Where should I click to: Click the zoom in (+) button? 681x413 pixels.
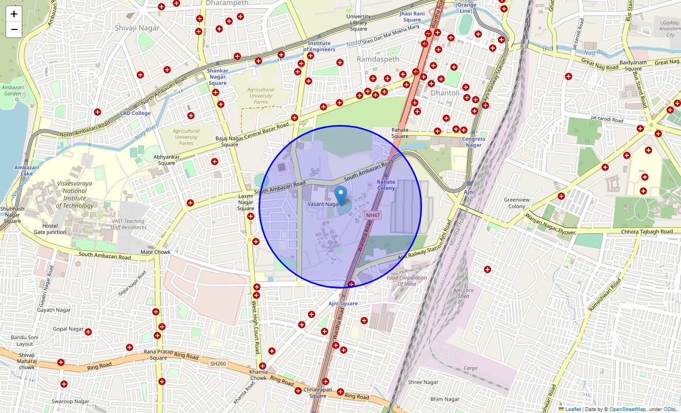click(x=14, y=14)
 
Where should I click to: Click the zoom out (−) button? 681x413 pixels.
click(x=14, y=29)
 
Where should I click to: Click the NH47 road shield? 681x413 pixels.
click(x=372, y=214)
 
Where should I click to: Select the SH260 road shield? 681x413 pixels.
click(x=218, y=364)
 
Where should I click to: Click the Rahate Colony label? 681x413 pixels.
click(x=386, y=185)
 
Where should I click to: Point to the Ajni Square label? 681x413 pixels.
click(x=343, y=304)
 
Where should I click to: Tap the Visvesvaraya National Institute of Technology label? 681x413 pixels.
click(x=75, y=195)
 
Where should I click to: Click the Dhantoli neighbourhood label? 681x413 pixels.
click(x=445, y=93)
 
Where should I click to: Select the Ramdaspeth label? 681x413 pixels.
click(x=378, y=59)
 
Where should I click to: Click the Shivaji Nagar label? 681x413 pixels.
click(x=137, y=28)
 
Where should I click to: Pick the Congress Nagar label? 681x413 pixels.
click(x=474, y=142)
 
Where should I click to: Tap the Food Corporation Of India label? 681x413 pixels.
click(x=407, y=281)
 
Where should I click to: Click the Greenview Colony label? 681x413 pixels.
click(x=516, y=203)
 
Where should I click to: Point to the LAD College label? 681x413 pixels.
click(x=136, y=113)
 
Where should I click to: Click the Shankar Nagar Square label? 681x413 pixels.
click(x=217, y=77)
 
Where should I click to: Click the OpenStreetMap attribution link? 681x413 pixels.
click(x=627, y=409)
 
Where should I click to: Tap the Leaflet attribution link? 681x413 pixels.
click(x=573, y=409)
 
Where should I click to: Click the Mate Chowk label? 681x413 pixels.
click(x=155, y=252)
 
